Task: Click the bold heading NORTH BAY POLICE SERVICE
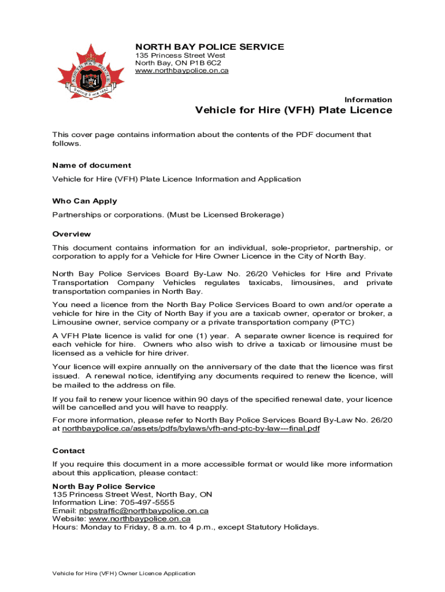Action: coord(209,47)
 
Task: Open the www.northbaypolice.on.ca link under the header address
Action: coord(181,71)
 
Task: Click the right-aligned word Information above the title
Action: coord(368,100)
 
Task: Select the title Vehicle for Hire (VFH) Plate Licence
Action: coord(294,110)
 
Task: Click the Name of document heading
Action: coord(92,165)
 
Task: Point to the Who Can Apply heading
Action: coord(84,201)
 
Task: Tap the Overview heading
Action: coord(71,234)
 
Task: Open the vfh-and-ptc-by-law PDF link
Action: coord(191,429)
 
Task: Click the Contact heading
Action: coord(68,451)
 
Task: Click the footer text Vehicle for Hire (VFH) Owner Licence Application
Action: coord(124,573)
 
